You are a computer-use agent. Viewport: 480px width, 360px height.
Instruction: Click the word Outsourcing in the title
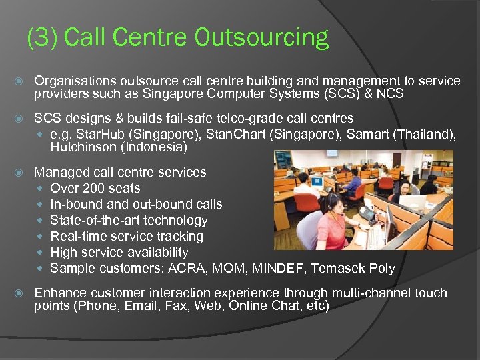(x=261, y=38)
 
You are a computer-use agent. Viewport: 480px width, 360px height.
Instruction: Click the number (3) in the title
(x=45, y=38)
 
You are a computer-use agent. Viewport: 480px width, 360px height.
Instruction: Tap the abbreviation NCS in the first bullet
(x=389, y=93)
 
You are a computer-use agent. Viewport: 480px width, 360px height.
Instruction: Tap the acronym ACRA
(x=187, y=269)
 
